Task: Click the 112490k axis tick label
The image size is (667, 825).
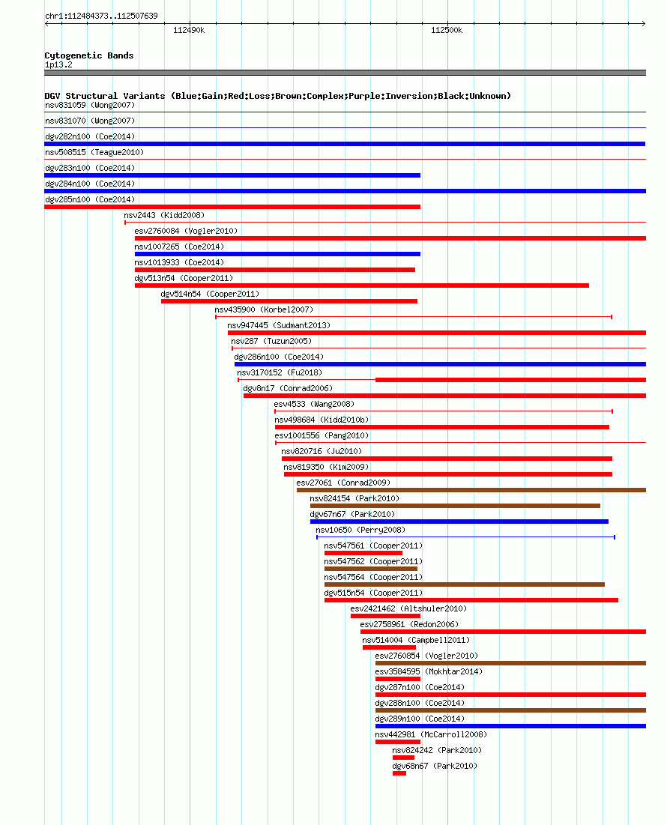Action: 189,31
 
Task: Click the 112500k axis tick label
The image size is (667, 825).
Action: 447,31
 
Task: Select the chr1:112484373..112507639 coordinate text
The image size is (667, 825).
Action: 101,16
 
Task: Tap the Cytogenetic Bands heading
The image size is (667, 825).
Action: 89,55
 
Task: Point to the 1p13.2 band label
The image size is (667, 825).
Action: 59,64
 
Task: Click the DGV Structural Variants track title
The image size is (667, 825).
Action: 278,96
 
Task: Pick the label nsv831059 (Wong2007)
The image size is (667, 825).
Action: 90,105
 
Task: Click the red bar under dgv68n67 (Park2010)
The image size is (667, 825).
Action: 399,773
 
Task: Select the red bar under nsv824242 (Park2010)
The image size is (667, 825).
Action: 403,758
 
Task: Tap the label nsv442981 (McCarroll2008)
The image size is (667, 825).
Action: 431,734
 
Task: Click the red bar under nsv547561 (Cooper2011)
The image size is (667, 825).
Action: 363,553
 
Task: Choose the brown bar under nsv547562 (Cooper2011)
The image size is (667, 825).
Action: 371,569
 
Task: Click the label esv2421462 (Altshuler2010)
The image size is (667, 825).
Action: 408,608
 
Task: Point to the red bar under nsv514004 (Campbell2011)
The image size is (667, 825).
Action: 389,647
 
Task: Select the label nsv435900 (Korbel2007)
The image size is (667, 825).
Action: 264,310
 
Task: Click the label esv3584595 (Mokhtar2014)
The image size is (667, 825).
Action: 429,672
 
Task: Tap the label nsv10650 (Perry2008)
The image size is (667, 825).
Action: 360,531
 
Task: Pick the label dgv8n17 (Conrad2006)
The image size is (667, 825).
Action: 288,388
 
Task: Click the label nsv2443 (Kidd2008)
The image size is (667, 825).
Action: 164,215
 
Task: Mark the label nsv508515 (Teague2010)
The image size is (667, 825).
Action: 94,153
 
